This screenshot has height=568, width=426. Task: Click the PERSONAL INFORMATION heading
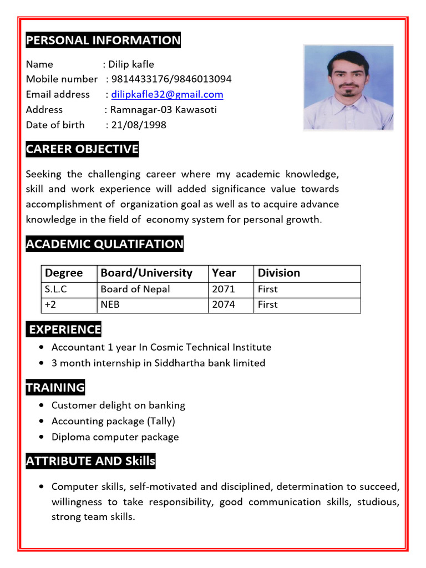[103, 40]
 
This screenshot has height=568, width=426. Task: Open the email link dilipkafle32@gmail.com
[167, 94]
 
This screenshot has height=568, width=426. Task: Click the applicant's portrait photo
[348, 88]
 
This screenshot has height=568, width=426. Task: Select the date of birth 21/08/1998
[139, 125]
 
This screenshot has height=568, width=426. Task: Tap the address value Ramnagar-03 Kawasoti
[164, 110]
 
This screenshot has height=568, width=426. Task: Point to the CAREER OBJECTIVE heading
[82, 149]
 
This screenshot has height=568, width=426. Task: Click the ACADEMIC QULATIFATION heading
[104, 244]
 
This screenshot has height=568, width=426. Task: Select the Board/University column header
[146, 273]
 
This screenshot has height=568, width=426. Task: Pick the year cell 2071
[224, 289]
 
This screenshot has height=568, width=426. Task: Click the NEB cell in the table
[110, 305]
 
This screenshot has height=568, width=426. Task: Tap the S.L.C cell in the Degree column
[56, 289]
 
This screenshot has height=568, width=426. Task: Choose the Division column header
[278, 273]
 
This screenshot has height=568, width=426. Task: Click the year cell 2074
[224, 305]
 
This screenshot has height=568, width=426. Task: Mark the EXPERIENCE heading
[64, 329]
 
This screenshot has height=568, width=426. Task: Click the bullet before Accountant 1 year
[43, 348]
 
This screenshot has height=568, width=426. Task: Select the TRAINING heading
[55, 388]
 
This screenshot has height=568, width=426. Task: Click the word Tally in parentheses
[161, 421]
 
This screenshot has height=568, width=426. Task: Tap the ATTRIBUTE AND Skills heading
[90, 461]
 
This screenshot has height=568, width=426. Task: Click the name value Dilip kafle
[131, 64]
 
